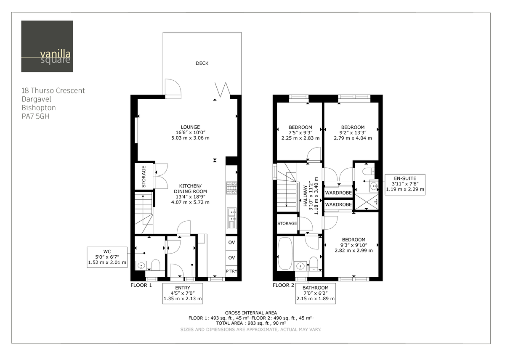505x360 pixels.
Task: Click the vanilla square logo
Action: coord(47,46)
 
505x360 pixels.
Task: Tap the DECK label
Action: coord(202,64)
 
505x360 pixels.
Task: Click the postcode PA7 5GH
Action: coord(35,116)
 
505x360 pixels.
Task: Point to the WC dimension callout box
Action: coord(106,257)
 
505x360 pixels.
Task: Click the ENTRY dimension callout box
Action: coord(183,294)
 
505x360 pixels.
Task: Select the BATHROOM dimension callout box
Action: coord(315,294)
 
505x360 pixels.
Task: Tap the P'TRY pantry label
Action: coord(231,271)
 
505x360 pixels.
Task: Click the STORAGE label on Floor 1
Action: coord(144,177)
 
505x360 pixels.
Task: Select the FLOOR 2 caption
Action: coord(284,285)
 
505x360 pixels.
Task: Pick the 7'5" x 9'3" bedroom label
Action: coord(300,132)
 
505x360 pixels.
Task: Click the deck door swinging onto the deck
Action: coord(173,88)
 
